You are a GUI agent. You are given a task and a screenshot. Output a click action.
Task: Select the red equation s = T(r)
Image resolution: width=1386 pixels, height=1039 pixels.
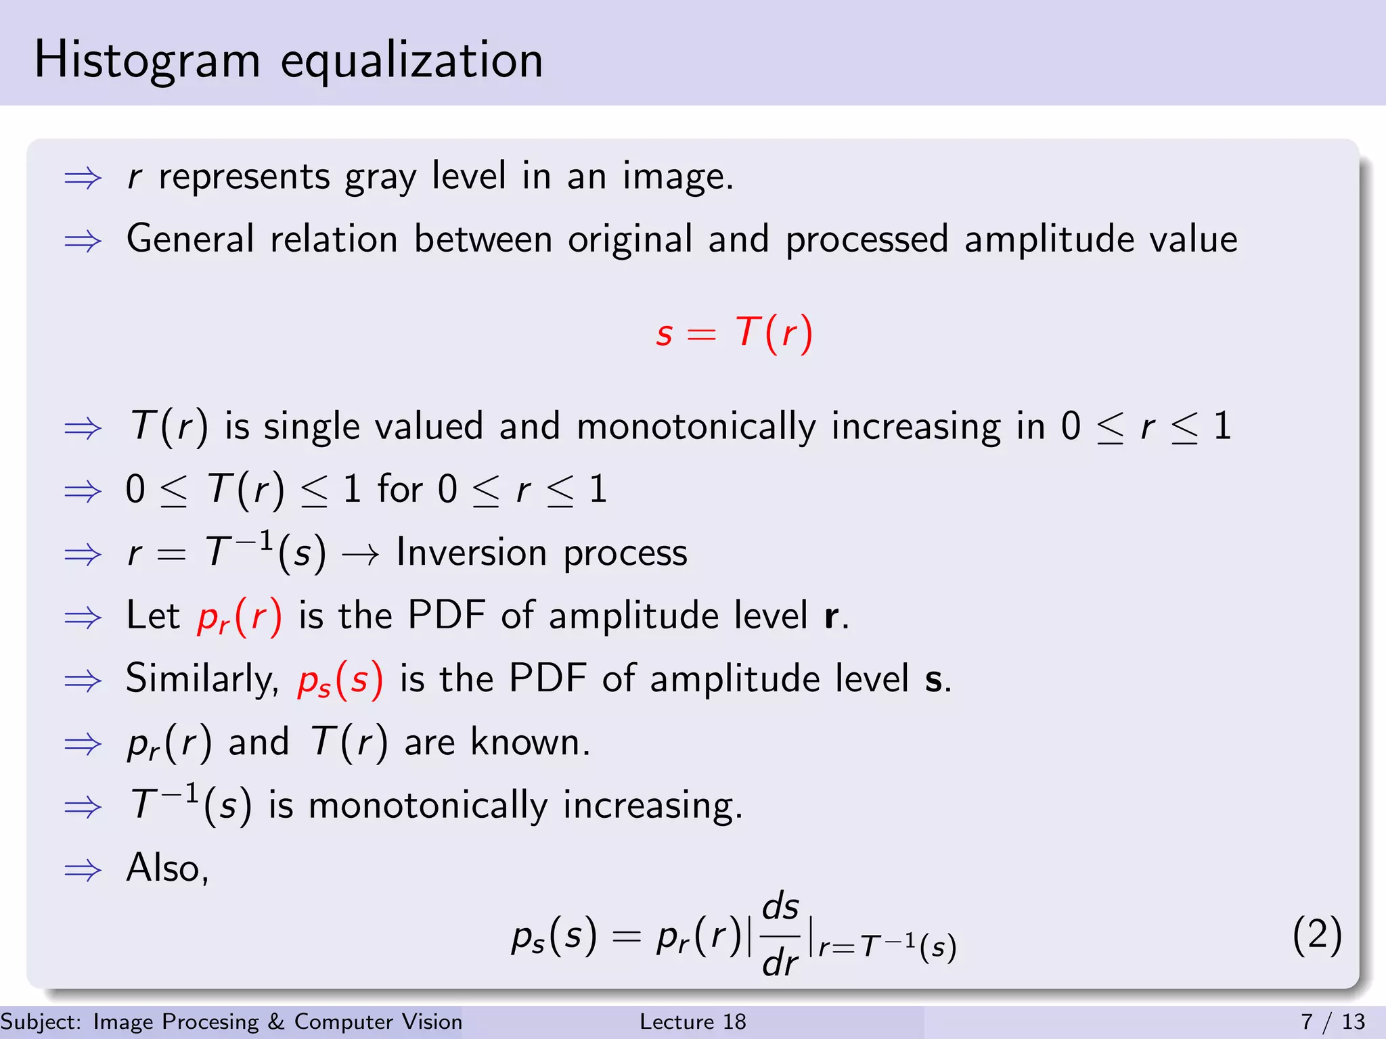(734, 333)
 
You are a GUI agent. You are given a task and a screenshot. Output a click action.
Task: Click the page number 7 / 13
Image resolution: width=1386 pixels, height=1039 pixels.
(1333, 1021)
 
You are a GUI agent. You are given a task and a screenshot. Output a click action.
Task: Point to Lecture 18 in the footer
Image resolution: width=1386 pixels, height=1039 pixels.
(692, 1021)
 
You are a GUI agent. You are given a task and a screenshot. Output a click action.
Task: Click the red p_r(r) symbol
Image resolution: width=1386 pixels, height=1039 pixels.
(239, 617)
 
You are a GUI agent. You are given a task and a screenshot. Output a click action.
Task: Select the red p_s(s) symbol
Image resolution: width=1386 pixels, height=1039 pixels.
(340, 680)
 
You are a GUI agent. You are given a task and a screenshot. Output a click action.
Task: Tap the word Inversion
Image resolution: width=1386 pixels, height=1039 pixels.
(471, 553)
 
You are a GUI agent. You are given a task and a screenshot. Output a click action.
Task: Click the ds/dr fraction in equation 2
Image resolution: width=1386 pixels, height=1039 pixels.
(780, 935)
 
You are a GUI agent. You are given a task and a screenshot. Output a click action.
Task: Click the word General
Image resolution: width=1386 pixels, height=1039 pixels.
(190, 239)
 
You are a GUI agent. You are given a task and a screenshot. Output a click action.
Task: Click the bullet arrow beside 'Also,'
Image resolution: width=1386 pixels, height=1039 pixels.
(83, 870)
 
